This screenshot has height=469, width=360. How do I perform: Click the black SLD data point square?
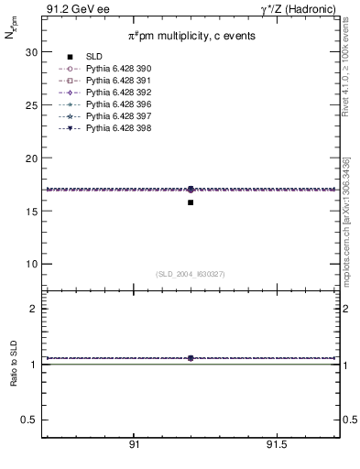point(191,202)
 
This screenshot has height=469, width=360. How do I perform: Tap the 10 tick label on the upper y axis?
point(30,264)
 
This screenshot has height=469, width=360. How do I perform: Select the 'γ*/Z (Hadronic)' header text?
point(300,9)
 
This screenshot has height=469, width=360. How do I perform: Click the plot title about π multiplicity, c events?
point(191,35)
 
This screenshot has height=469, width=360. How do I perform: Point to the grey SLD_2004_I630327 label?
point(191,273)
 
